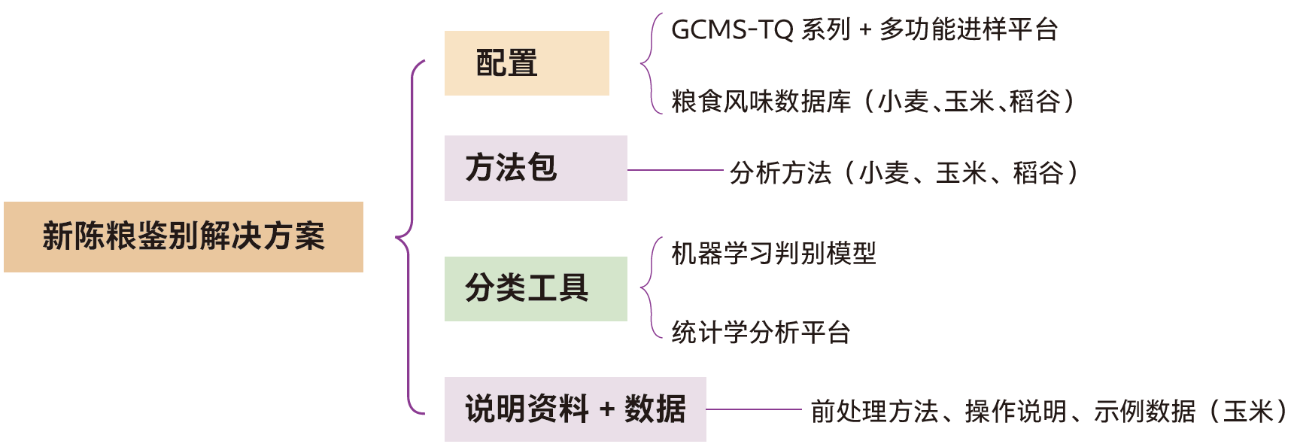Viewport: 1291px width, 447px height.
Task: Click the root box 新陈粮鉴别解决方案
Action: [184, 236]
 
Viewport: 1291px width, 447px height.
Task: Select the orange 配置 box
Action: [527, 63]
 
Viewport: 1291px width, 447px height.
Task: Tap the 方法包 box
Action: [536, 168]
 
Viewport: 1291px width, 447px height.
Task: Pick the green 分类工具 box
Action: [536, 288]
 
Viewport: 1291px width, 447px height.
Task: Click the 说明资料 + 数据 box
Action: [575, 409]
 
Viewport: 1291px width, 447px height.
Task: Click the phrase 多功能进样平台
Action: [969, 30]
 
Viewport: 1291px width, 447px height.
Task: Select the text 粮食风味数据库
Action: [761, 101]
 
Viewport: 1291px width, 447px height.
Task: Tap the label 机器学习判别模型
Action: [773, 254]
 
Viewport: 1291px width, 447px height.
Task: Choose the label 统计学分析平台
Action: [761, 332]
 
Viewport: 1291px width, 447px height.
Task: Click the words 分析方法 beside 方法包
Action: [780, 173]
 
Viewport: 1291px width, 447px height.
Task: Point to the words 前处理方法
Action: [874, 412]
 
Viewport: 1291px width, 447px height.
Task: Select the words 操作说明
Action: [1016, 412]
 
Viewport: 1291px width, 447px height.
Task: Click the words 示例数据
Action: [1144, 412]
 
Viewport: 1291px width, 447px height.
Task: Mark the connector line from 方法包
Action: [675, 170]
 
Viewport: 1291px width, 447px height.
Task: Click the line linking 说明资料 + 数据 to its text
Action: [754, 409]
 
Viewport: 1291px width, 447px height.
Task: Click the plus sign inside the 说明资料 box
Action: [607, 409]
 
